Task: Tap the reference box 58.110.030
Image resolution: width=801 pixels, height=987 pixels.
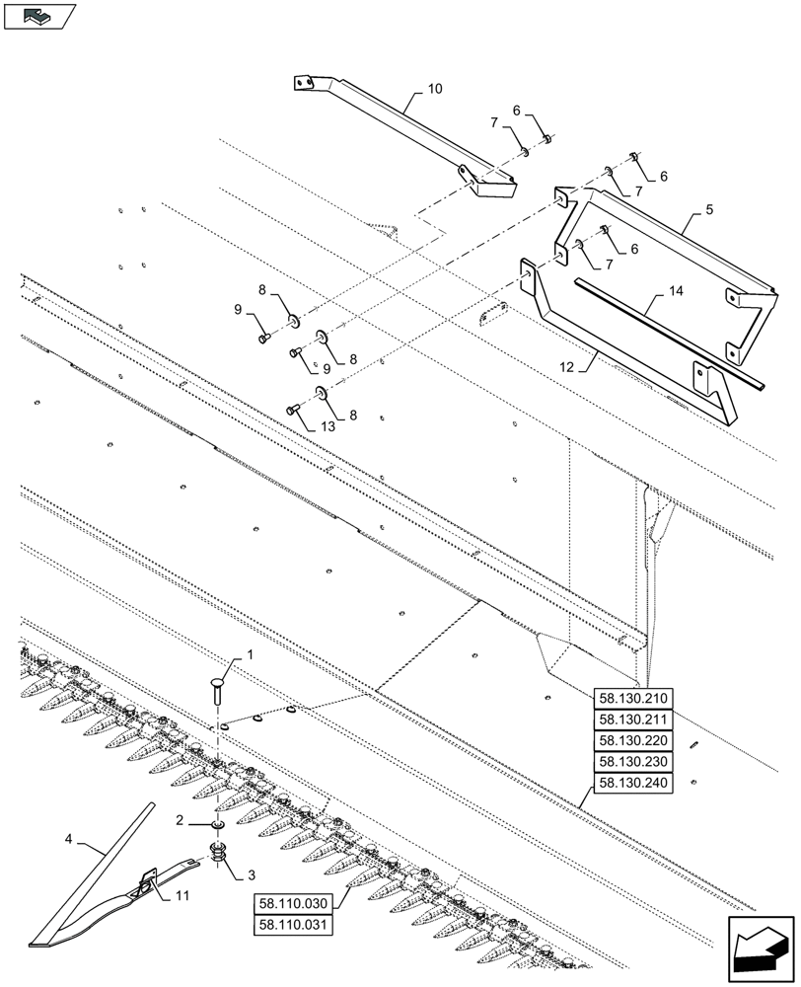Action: pyautogui.click(x=294, y=903)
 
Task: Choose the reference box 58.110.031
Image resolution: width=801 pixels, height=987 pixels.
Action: pyautogui.click(x=294, y=925)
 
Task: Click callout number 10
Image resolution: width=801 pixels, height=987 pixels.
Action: pyautogui.click(x=434, y=89)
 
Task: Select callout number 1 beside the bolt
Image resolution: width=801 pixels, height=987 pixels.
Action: pyautogui.click(x=251, y=654)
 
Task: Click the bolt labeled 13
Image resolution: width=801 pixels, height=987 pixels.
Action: pyautogui.click(x=292, y=409)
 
